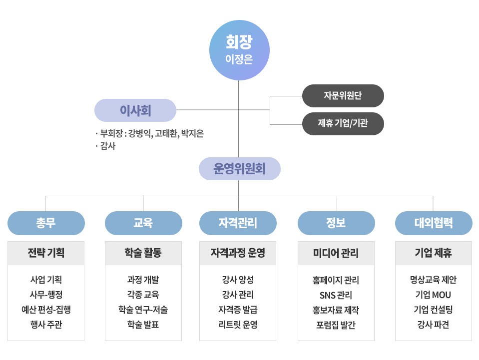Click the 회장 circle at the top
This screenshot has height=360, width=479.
point(239,50)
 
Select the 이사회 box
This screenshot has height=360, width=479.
point(135,110)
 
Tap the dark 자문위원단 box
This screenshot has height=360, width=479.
point(343,96)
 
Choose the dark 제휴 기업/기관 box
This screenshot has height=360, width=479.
point(343,124)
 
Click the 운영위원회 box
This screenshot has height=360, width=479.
point(240,169)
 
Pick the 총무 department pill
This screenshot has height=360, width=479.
point(46,223)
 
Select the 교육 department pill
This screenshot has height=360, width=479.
point(143,223)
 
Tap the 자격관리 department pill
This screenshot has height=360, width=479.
point(238,223)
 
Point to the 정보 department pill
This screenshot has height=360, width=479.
point(336,223)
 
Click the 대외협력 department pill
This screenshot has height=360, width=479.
point(434,223)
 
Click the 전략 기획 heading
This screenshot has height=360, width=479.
point(46,253)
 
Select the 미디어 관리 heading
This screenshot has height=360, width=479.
point(336,253)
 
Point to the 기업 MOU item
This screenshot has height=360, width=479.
point(433,295)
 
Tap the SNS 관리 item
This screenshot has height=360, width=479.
point(336,295)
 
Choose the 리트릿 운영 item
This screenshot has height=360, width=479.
point(238,324)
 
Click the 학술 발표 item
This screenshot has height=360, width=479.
point(143,324)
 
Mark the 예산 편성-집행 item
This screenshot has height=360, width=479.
point(46,310)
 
